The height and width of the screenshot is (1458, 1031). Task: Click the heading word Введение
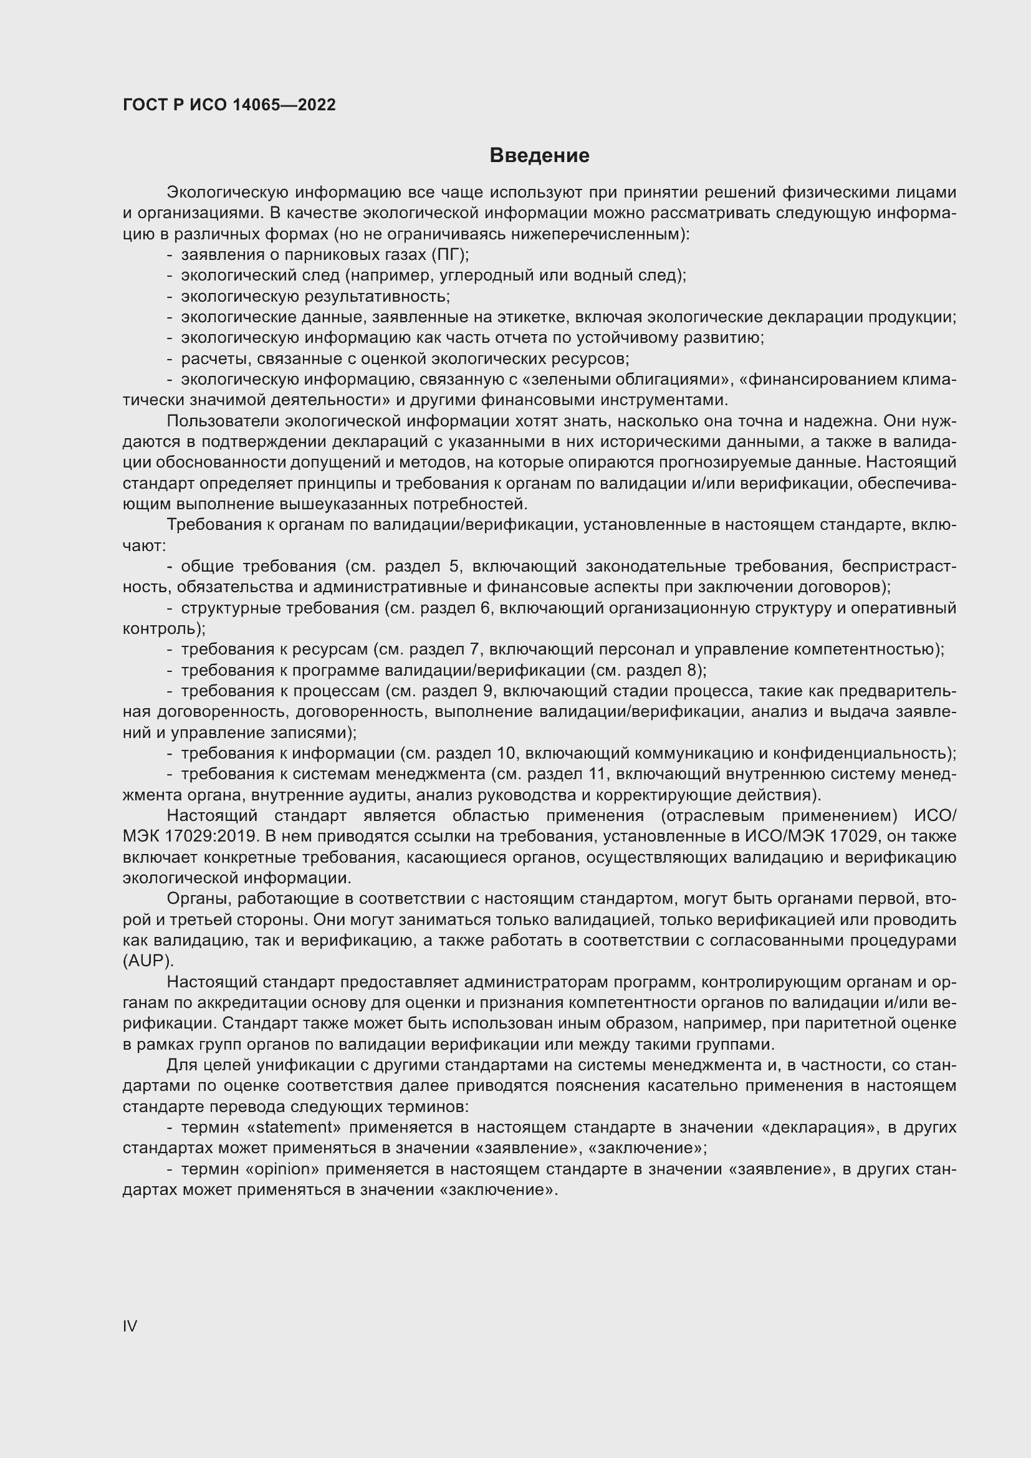[539, 156]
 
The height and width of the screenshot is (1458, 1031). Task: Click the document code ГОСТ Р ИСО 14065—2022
[229, 105]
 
